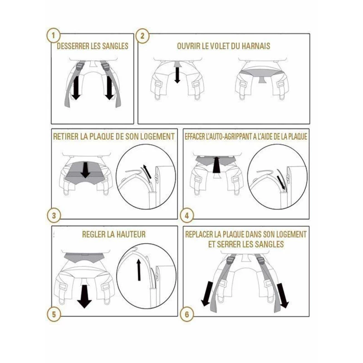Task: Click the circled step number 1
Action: click(x=54, y=36)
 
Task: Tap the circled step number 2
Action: click(x=142, y=36)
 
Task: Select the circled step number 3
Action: click(x=54, y=216)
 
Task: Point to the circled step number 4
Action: click(x=186, y=216)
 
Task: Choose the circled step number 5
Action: click(x=54, y=314)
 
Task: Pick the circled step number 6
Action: click(x=186, y=314)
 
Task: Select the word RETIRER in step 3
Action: click(x=66, y=137)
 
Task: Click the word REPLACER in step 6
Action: click(x=199, y=234)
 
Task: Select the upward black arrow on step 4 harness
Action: click(x=216, y=165)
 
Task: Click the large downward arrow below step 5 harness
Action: click(x=84, y=297)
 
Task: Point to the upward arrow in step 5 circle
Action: click(x=139, y=270)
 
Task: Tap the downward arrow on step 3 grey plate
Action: click(x=86, y=170)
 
